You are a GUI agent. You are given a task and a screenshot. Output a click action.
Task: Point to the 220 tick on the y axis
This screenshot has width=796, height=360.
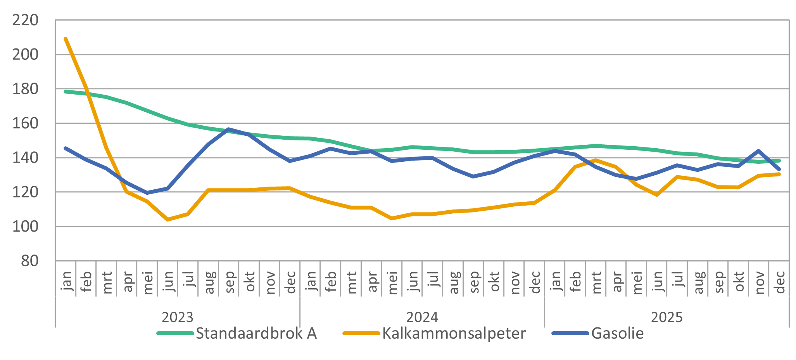26,20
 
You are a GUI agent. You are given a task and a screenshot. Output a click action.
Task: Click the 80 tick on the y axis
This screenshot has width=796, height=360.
30,261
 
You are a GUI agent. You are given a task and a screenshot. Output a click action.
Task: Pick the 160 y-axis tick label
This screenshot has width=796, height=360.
26,123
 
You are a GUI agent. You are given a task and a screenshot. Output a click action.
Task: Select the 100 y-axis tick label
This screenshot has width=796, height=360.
26,227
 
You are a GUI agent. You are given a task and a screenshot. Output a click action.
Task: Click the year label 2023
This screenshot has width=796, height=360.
177,317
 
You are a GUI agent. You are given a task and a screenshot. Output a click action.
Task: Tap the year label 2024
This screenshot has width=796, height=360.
422,317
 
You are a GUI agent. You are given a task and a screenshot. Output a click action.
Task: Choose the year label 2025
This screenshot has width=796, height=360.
666,317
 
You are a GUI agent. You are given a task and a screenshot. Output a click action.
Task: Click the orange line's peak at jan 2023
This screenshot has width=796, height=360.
66,39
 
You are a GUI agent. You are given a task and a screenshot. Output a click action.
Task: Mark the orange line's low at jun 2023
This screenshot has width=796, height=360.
167,220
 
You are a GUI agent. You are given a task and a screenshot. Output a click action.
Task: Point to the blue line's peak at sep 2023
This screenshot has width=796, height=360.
229,129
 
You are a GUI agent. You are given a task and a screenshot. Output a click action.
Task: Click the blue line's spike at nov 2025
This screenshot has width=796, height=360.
758,151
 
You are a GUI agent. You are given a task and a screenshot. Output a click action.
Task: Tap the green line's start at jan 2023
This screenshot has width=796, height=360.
66,92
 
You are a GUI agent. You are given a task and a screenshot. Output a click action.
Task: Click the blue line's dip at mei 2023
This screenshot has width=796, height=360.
147,193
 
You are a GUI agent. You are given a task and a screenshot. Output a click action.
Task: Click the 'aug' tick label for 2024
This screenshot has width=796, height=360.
453,282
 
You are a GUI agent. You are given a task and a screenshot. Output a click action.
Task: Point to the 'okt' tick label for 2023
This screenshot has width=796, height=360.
249,282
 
